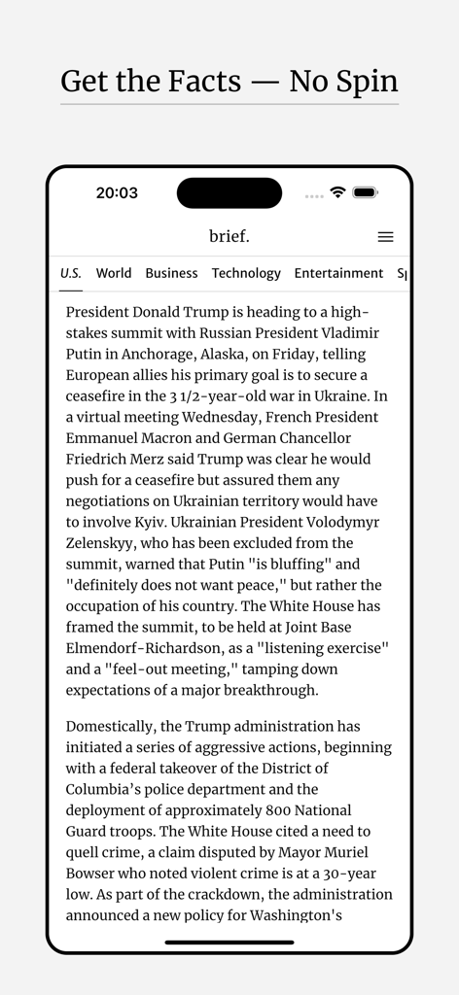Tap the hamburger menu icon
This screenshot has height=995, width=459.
[385, 237]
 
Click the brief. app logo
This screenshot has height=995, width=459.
[229, 236]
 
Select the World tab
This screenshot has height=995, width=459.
[114, 273]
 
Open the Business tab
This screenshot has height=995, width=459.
[171, 273]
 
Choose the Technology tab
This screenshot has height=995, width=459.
[246, 273]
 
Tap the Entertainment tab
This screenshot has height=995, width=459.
[338, 273]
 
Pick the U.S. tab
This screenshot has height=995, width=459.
[71, 273]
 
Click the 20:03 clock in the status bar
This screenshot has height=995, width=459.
[117, 192]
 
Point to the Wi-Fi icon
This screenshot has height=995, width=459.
[337, 192]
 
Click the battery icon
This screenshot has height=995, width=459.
[366, 192]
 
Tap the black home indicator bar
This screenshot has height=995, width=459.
[229, 942]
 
